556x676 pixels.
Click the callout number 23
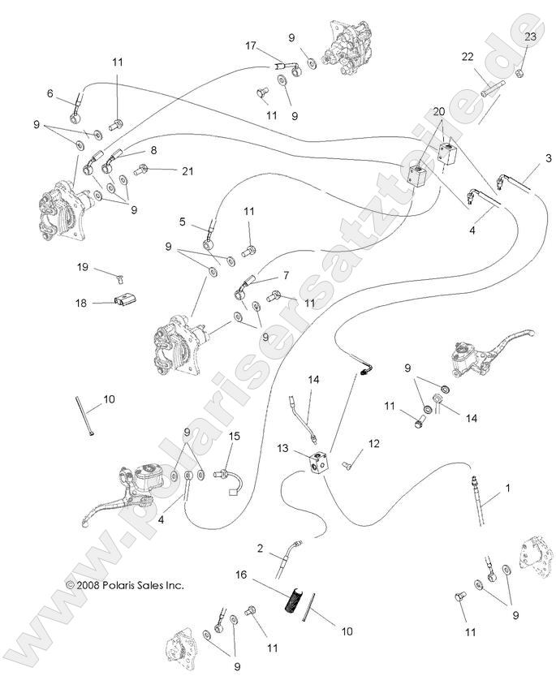tap(530, 37)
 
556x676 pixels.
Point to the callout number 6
tap(50, 94)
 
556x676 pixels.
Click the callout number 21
tap(188, 170)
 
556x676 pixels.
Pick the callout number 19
tap(83, 266)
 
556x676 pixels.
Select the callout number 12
tap(373, 443)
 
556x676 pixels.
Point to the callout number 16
tap(240, 573)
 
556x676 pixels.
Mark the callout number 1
tap(507, 489)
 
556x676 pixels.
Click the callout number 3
tap(526, 157)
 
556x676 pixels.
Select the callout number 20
tap(438, 110)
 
